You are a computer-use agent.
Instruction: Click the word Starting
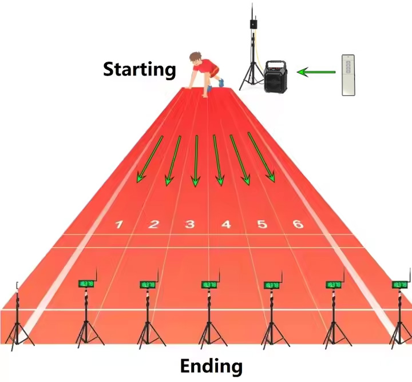coord(139,70)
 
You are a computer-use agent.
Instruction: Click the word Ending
coord(211,365)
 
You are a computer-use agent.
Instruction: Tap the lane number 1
coord(118,225)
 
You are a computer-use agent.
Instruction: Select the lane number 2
coord(153,225)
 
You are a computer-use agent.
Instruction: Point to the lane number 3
coord(189,225)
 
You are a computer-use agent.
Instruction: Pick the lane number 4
coord(226,225)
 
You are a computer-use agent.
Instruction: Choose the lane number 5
coord(262,225)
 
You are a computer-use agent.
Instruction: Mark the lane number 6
coord(298,224)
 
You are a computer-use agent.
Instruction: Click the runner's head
coord(196,58)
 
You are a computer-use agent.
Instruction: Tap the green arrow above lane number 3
coord(196,161)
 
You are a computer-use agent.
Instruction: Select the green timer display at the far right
coord(401,284)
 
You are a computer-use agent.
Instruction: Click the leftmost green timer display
coord(86,284)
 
